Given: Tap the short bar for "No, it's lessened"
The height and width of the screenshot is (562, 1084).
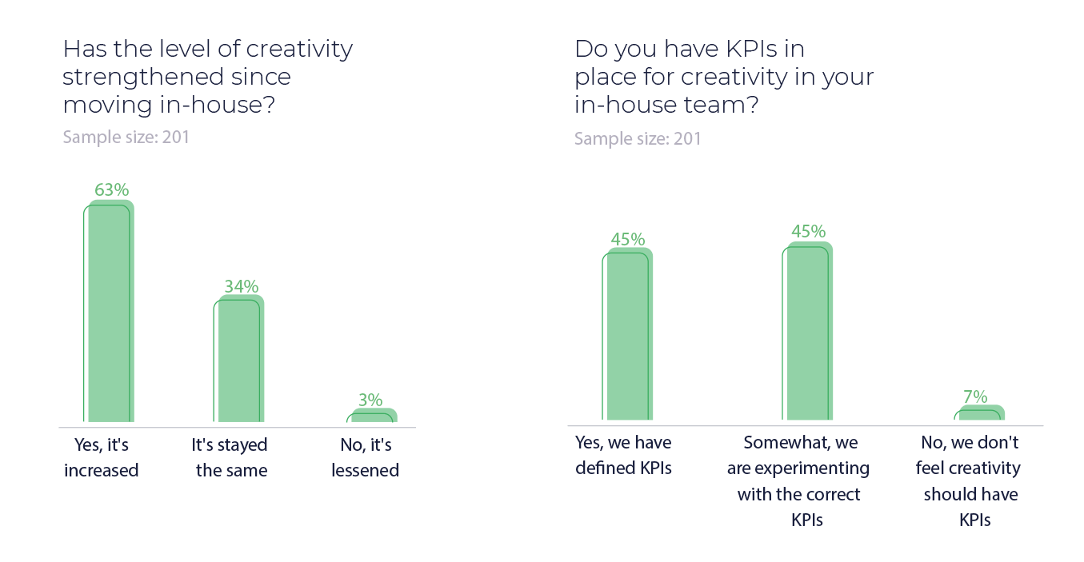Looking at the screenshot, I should (374, 415).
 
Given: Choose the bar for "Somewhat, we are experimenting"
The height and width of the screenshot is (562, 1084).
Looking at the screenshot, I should (809, 331).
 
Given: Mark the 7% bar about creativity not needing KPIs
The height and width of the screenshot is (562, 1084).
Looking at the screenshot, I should (981, 413).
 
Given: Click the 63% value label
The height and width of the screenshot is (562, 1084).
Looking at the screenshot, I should (111, 190).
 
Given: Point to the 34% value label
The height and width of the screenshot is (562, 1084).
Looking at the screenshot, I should (241, 286).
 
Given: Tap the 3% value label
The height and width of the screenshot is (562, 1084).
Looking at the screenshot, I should (370, 400).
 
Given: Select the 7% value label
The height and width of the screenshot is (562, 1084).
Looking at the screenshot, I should (975, 397).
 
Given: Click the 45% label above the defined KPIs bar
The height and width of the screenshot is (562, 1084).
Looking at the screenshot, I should (628, 239).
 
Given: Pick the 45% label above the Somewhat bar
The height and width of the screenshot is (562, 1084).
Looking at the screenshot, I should (808, 231).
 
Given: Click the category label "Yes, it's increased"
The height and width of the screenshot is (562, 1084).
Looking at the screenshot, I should (101, 457).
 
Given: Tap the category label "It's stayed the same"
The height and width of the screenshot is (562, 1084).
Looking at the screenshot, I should (231, 457).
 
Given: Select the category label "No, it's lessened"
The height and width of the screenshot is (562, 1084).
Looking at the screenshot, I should (365, 457).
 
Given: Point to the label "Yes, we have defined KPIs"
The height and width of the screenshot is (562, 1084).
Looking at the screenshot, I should (623, 455).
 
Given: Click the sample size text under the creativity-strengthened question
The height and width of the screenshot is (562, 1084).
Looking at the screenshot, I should (126, 137).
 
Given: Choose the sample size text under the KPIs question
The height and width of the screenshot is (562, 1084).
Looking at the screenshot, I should (638, 138).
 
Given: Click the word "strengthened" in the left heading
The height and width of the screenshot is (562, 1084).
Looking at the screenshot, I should (142, 77).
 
